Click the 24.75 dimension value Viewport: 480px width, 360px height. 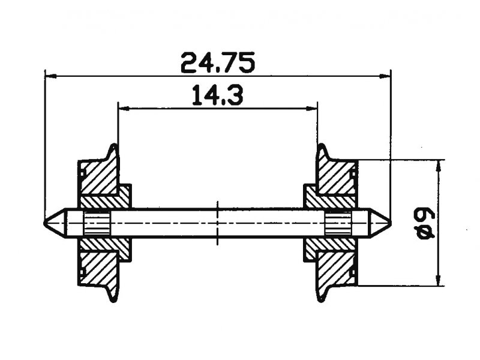(218, 63)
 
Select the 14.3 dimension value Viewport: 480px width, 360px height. (218, 95)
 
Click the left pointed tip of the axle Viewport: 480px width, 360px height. (44, 223)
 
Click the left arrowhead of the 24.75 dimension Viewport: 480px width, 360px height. (51, 76)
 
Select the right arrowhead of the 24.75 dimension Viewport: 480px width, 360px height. (385, 76)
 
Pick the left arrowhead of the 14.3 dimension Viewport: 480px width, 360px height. (124, 108)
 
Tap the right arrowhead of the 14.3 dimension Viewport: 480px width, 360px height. (311, 108)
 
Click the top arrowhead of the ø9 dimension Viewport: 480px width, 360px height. (439, 166)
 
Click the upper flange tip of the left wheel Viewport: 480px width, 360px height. (114, 145)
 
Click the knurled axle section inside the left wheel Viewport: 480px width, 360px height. (97, 223)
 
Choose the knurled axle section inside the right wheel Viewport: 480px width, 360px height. (338, 223)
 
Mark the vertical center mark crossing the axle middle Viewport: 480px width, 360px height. (218, 223)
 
